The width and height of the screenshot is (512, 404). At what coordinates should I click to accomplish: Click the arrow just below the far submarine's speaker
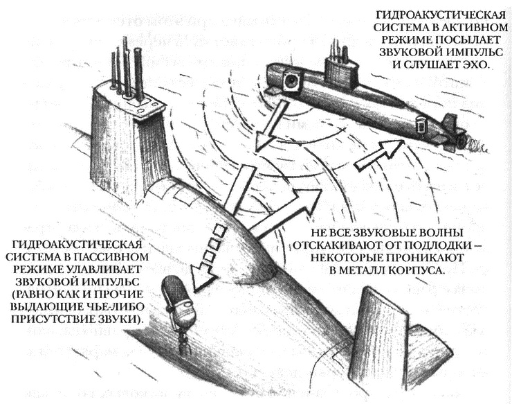264,132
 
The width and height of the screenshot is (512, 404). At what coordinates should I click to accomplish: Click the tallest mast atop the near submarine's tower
127,65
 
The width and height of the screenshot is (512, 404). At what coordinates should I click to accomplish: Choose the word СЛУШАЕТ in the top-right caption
426,63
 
